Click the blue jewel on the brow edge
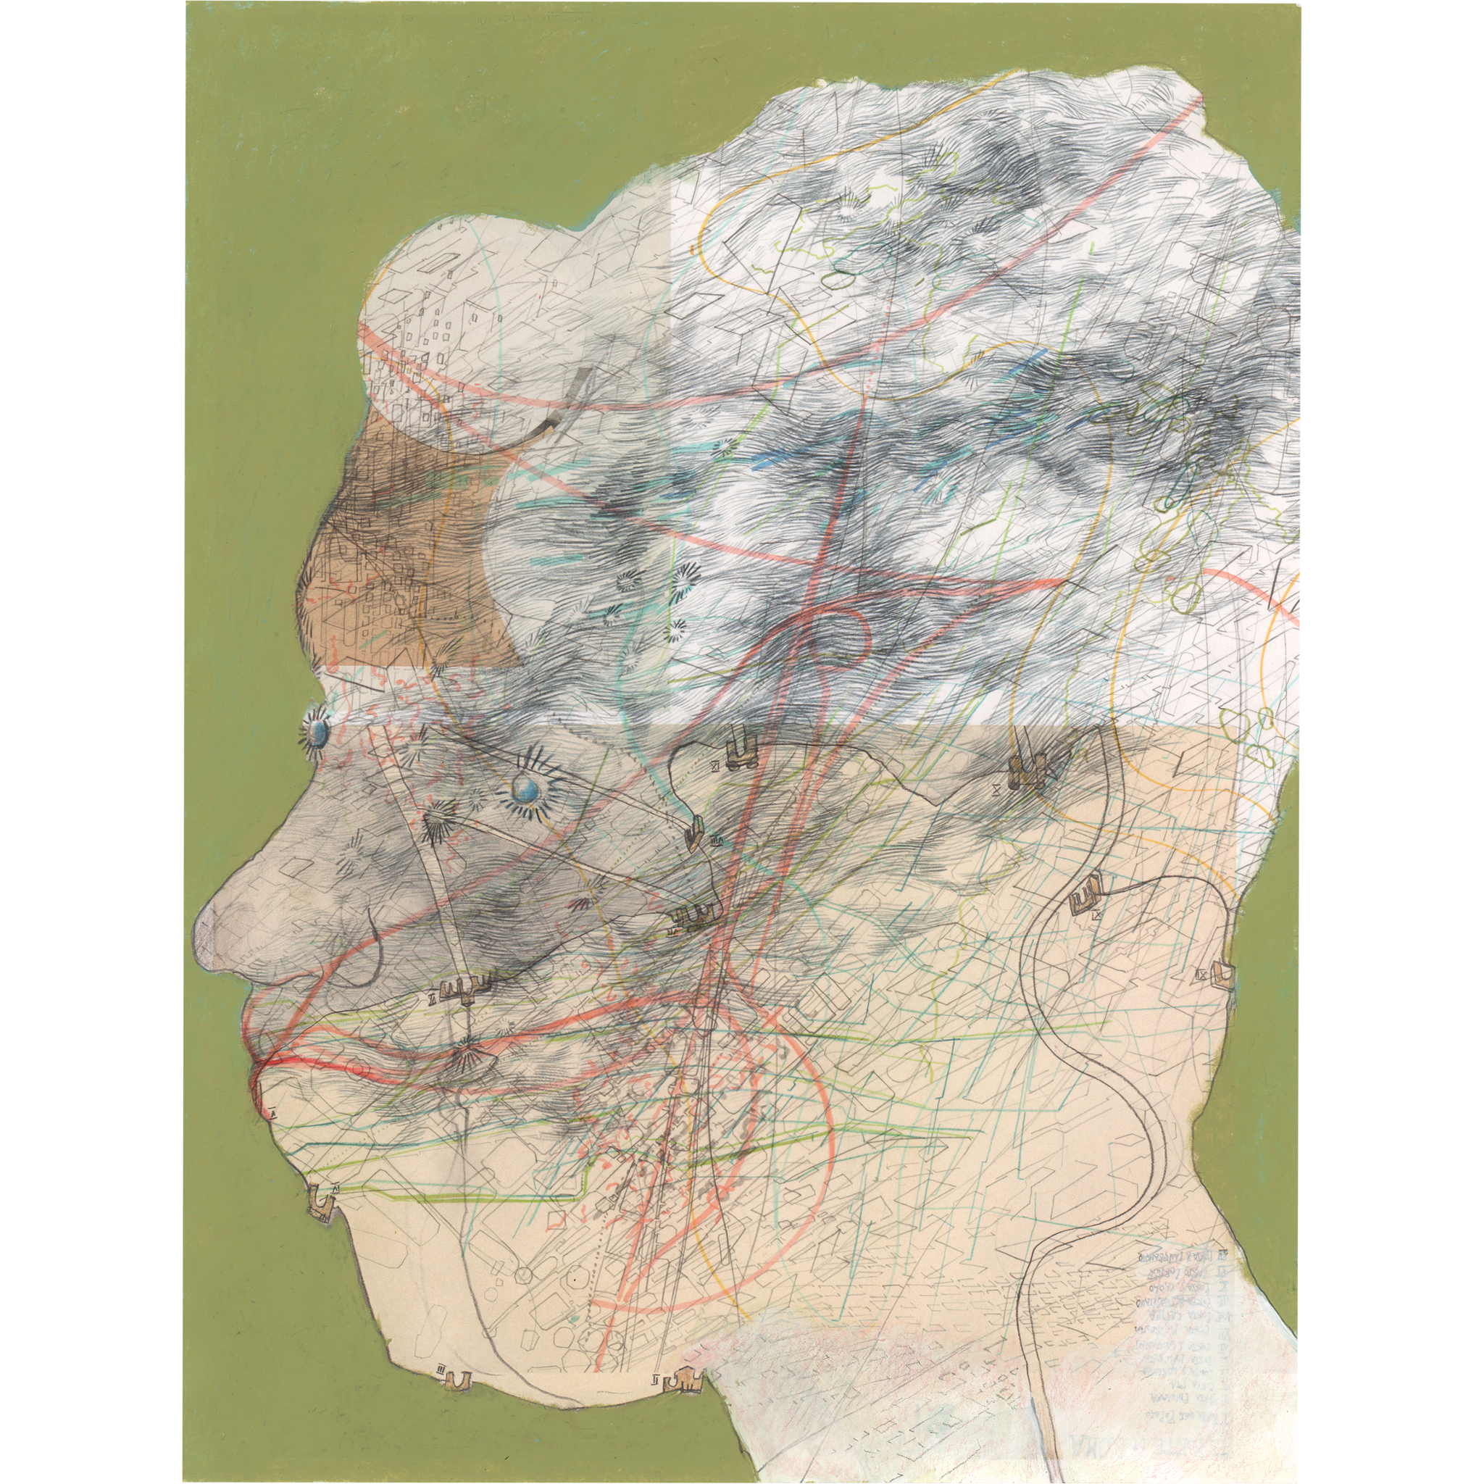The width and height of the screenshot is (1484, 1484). (x=317, y=734)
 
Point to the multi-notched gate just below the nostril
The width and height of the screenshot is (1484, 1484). (x=462, y=995)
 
